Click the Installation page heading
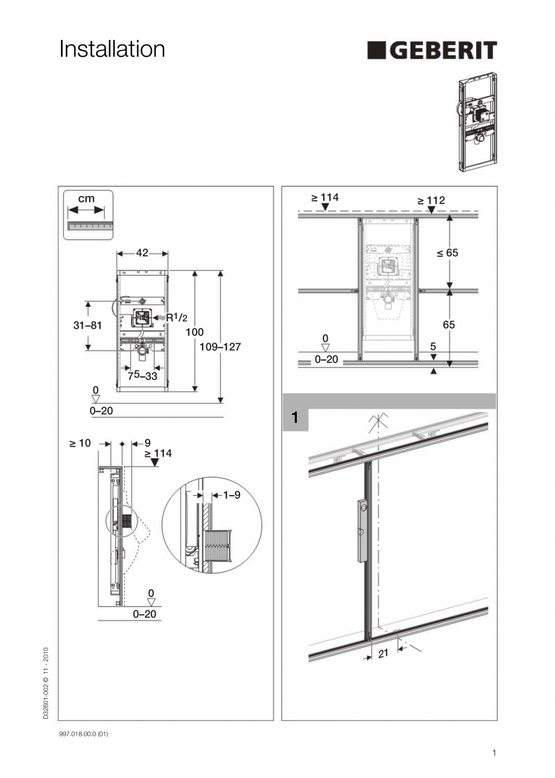point(112,49)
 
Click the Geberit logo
point(432,51)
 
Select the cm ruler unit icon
point(89,214)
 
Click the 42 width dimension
point(142,253)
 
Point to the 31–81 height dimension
point(88,325)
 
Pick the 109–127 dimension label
point(220,347)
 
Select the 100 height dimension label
point(194,332)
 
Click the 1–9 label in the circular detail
point(232,495)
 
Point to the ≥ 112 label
point(431,200)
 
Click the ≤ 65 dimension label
point(448,253)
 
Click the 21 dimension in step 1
point(384,653)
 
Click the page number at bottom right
point(494,752)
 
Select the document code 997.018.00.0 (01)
point(83,733)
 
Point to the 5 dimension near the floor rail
point(433,347)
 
